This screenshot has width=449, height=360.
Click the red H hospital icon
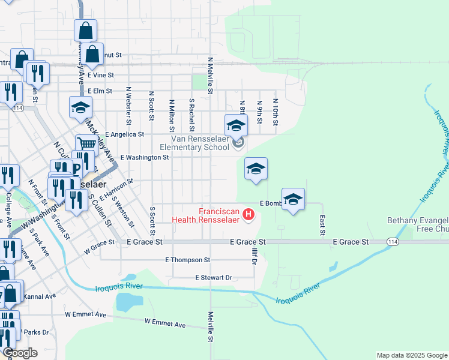[247, 213]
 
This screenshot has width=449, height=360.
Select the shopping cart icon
[86, 143]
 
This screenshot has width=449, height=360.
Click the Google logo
[20, 353]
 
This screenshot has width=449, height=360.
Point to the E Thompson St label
[188, 260]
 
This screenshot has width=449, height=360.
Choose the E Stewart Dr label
[213, 278]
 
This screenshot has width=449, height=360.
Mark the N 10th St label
[275, 112]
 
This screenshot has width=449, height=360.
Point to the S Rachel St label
[191, 115]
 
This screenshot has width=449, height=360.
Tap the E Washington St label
[145, 157]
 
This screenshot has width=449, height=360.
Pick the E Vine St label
[100, 76]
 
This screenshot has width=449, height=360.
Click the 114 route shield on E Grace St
[392, 242]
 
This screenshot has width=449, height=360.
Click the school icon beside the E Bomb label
[293, 200]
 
